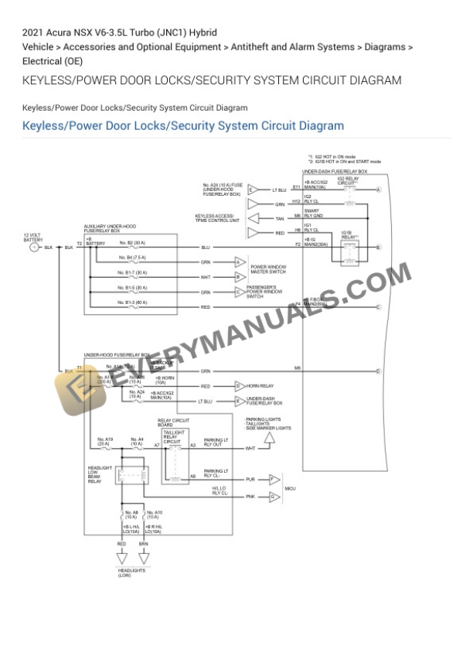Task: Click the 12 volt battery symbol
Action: tap(34, 248)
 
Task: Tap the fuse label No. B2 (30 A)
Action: tap(132, 242)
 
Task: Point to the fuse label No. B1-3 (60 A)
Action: tap(132, 302)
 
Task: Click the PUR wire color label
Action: tap(250, 480)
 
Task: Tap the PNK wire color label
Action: tap(250, 497)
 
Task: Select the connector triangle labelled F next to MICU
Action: tap(273, 480)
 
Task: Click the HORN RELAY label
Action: tap(260, 385)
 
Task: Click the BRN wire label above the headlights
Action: tap(144, 544)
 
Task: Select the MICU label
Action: tap(291, 488)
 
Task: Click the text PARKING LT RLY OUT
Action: tap(216, 443)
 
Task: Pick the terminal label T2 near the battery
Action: tap(79, 242)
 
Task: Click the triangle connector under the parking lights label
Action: tap(268, 439)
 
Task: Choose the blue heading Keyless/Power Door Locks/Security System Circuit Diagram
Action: tap(183, 125)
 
